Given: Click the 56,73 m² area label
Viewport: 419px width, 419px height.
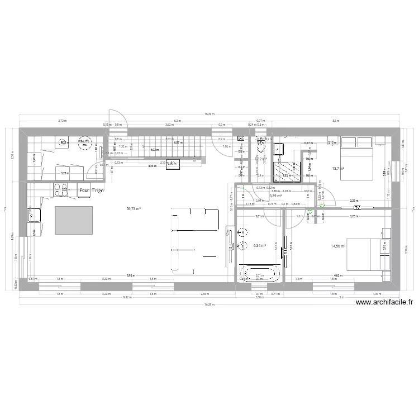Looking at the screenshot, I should pos(133,209).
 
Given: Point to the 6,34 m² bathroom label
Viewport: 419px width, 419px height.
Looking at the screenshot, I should pos(259,245).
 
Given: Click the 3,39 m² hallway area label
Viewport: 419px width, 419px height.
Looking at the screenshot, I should pos(275,196).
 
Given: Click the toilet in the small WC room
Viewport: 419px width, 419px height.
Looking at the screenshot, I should pos(260,144).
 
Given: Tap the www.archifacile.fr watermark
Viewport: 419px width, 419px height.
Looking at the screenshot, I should pos(384,302).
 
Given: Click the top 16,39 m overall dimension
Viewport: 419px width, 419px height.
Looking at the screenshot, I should pos(209,114).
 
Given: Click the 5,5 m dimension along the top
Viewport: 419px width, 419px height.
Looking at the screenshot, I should pos(335,121).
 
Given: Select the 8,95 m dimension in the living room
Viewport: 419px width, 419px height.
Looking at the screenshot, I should pos(130,275).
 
